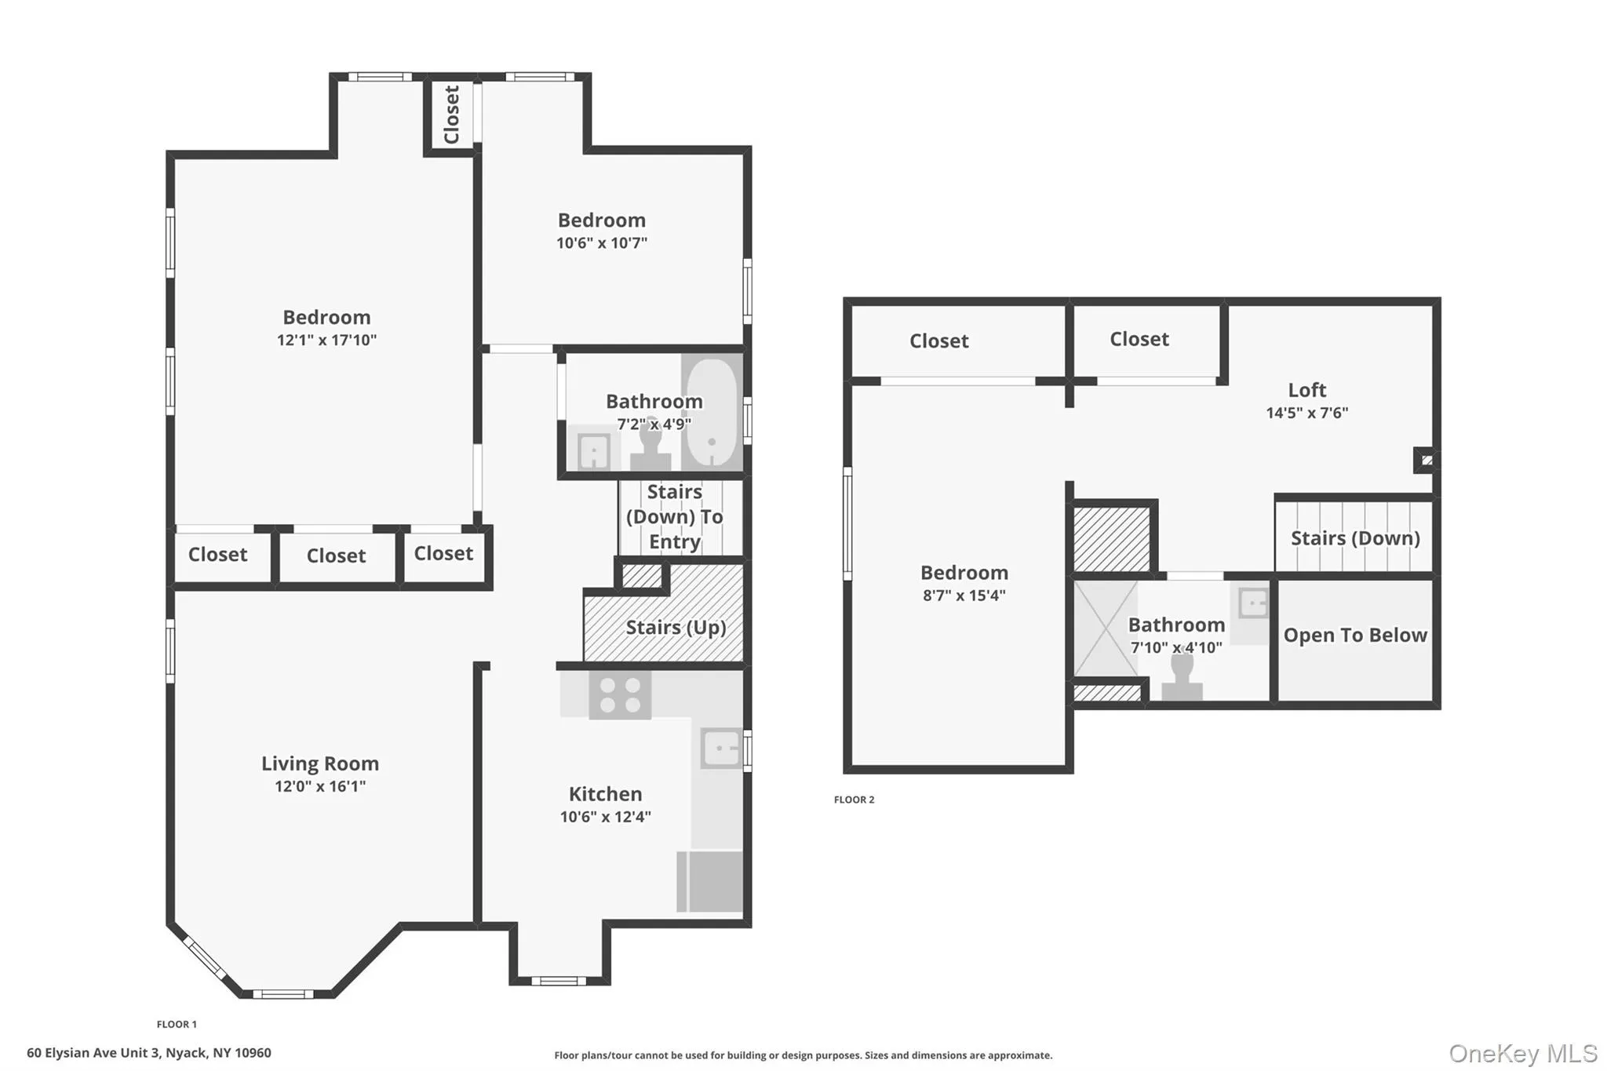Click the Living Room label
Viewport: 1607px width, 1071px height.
click(x=319, y=763)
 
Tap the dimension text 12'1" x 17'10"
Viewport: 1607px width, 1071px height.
click(x=326, y=340)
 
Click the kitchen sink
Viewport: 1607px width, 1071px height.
click(x=721, y=748)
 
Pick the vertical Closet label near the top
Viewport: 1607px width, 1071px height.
click(x=451, y=115)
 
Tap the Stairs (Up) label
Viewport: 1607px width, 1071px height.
click(x=676, y=627)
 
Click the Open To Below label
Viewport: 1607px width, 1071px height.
click(x=1355, y=635)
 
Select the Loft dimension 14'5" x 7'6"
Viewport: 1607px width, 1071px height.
click(x=1306, y=413)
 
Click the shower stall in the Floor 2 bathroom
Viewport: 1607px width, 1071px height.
click(x=1105, y=628)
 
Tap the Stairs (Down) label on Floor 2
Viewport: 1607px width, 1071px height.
click(x=1355, y=538)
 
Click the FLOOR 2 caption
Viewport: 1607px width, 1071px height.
click(x=854, y=800)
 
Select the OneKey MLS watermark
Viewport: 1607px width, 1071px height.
click(x=1522, y=1053)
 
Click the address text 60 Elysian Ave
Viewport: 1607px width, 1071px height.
click(x=149, y=1053)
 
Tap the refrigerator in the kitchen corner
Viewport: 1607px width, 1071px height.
click(x=710, y=882)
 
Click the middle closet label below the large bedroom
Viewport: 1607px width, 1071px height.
click(x=336, y=556)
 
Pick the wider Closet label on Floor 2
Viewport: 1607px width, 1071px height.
click(x=938, y=341)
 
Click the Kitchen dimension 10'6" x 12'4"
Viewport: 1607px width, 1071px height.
click(x=605, y=817)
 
